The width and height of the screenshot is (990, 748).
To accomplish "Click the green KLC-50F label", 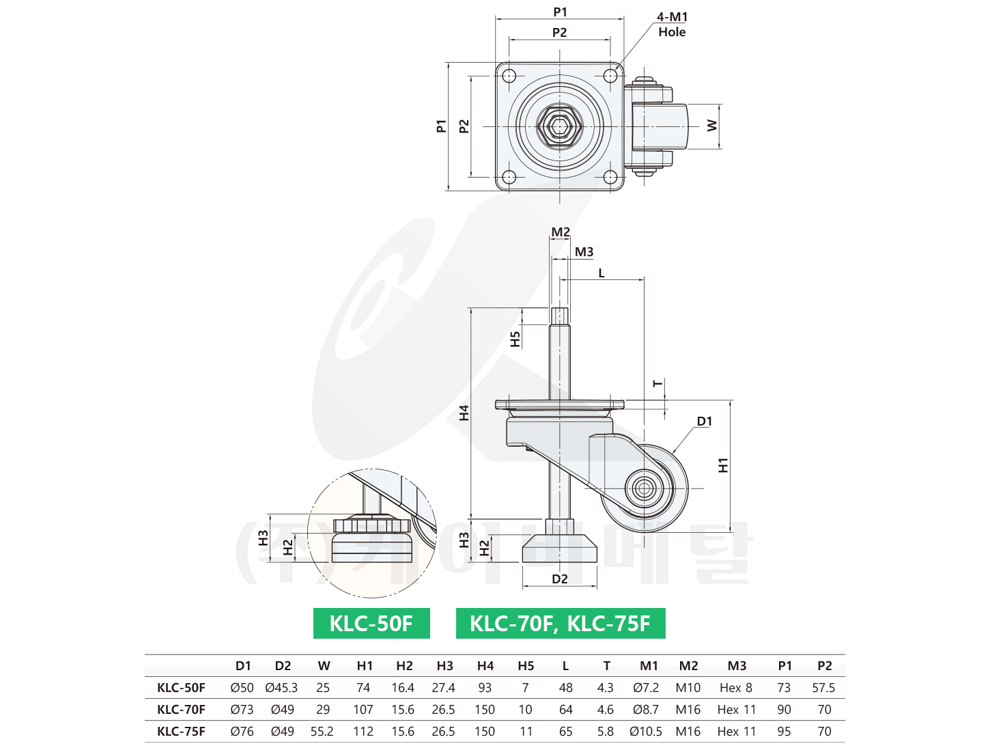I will [x=371, y=623].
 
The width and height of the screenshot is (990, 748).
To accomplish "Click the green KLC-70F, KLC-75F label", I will [x=560, y=623].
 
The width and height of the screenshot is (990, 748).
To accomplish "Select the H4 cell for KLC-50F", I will [x=485, y=688].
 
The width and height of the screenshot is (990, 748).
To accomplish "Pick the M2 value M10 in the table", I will [x=688, y=688].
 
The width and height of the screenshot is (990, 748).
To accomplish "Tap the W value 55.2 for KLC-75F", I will [x=322, y=732].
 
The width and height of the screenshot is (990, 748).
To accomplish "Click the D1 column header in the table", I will [x=243, y=666].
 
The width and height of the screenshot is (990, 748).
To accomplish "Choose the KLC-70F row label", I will [x=181, y=710].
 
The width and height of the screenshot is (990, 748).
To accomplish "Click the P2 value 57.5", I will [x=823, y=688].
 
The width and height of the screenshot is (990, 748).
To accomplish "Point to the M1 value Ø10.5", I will [x=646, y=732].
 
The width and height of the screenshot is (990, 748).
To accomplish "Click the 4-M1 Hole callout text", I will [x=672, y=25].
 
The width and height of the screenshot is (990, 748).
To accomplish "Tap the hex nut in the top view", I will [x=560, y=127].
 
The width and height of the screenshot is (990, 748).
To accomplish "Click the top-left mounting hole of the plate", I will [x=509, y=76].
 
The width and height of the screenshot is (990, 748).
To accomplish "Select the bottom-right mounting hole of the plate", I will [x=610, y=178].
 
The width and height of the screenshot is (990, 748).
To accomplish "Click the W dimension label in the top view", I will [x=712, y=126].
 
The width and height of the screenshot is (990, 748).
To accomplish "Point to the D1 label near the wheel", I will [x=705, y=421].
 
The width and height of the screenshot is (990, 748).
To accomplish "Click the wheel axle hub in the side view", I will [x=642, y=488].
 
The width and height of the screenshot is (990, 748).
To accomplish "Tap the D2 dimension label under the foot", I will [x=560, y=579].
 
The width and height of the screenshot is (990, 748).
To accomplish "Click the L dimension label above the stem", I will [x=602, y=273].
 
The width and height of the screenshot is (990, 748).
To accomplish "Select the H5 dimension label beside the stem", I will [x=515, y=339].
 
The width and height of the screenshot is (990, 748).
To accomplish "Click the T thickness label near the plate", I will [x=657, y=385].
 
